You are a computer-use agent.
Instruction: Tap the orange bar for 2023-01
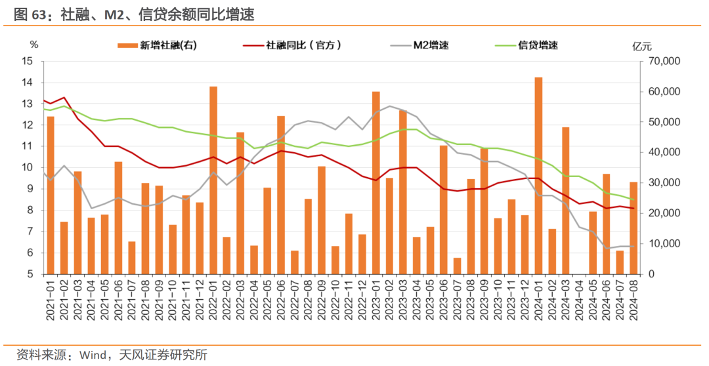(x=376, y=183)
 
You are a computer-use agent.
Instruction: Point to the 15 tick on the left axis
(x=28, y=61)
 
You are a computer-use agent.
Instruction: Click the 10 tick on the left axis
(x=28, y=167)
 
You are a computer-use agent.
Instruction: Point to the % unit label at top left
(x=34, y=45)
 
